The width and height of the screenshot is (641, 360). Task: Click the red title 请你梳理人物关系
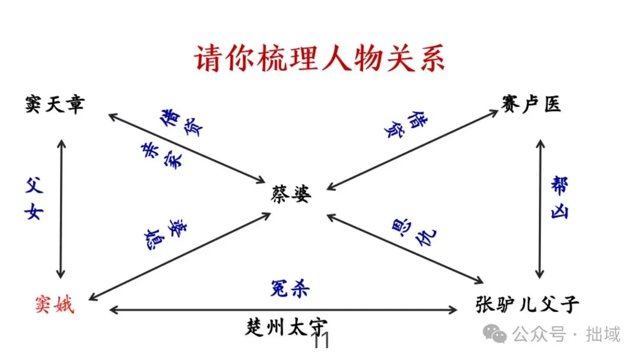(x=320, y=59)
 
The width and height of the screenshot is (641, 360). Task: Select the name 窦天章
(x=55, y=105)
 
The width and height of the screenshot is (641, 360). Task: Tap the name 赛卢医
(x=531, y=104)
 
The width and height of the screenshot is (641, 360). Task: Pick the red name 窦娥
(x=54, y=305)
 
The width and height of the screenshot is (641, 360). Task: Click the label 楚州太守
(x=287, y=327)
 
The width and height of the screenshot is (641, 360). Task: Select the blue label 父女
(x=35, y=200)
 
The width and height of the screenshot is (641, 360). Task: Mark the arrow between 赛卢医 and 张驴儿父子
(x=539, y=208)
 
